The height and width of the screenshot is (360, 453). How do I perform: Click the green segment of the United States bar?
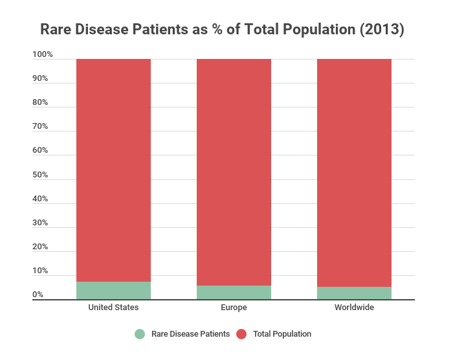pos(113,290)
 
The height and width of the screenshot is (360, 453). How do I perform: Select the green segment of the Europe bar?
pos(234,292)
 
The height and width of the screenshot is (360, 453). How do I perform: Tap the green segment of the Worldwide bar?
pos(354,293)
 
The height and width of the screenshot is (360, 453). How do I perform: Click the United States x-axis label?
pos(113,308)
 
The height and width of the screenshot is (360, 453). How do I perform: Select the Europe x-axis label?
pos(234,308)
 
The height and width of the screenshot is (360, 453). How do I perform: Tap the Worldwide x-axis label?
pos(354,308)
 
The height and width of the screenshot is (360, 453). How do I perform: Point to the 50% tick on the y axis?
pos(40,175)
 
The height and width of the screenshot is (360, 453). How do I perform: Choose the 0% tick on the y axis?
pos(38,295)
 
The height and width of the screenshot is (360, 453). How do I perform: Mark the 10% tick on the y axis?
pos(40,271)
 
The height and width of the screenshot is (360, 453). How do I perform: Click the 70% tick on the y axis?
pos(40,127)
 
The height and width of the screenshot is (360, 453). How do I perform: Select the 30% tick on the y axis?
pos(40,223)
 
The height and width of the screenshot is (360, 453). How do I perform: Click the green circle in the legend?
pos(140,334)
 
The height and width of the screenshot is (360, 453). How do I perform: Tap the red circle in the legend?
pos(241,334)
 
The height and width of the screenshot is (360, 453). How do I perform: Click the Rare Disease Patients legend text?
pos(190,334)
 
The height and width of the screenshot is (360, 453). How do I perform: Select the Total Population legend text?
pos(282,334)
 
